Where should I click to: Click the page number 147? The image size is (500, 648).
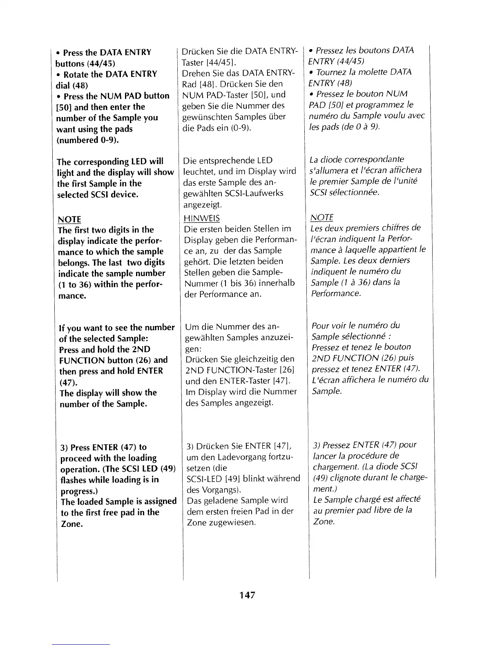coord(248,595)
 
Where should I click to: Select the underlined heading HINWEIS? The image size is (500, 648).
coord(202,218)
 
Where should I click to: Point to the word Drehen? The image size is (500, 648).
coord(196,73)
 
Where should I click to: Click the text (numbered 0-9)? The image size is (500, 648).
coord(87,140)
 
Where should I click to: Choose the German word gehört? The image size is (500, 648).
coord(195,261)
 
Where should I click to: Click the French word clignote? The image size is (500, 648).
coord(344,477)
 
